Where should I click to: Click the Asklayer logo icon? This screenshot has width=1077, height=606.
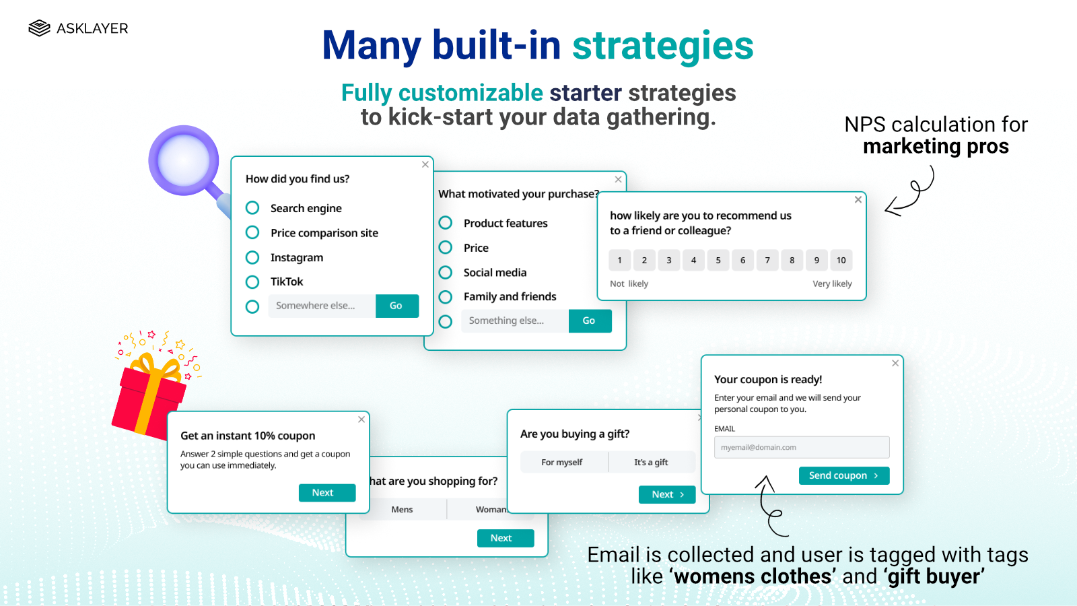click(40, 28)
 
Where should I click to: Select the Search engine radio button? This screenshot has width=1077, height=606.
click(252, 207)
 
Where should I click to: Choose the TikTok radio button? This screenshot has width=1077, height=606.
click(252, 281)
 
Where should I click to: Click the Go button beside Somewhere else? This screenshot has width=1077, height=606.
click(396, 306)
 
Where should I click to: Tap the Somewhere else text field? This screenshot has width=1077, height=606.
click(322, 306)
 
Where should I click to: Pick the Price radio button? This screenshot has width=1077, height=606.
click(446, 248)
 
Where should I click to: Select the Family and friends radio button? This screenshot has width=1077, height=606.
click(446, 297)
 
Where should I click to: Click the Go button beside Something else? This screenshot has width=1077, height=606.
click(590, 321)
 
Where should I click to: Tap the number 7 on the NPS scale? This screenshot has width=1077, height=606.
click(767, 260)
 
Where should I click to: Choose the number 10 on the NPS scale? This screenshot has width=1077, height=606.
click(841, 260)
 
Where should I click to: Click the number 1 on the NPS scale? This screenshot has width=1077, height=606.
click(620, 260)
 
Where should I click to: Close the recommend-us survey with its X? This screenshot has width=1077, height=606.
click(858, 199)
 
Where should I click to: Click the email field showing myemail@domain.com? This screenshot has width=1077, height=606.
click(802, 447)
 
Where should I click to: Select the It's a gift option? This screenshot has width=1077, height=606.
click(651, 463)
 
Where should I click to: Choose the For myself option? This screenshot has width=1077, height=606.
click(562, 463)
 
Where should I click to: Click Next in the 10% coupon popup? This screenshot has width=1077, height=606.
click(327, 493)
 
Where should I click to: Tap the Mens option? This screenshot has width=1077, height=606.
click(403, 510)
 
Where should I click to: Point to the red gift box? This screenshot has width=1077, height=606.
click(147, 401)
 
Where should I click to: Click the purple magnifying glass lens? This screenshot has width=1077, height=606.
click(183, 160)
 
